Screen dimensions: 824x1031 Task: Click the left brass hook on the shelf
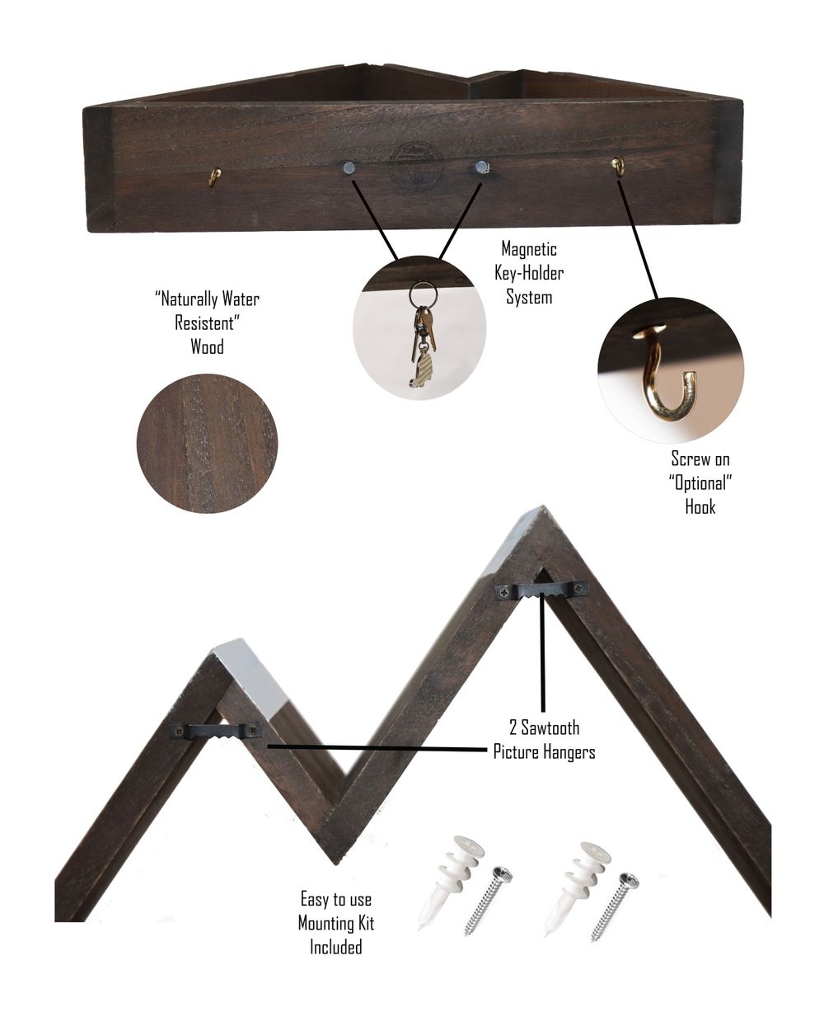(x=216, y=177)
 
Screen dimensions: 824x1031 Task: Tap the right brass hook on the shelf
(x=617, y=166)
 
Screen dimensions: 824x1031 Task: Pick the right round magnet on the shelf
(x=480, y=167)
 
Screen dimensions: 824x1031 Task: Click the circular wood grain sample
(x=207, y=443)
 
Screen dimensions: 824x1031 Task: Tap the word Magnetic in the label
(x=528, y=248)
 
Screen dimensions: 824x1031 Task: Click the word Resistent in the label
(x=207, y=322)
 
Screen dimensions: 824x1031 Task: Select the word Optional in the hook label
(x=700, y=483)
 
